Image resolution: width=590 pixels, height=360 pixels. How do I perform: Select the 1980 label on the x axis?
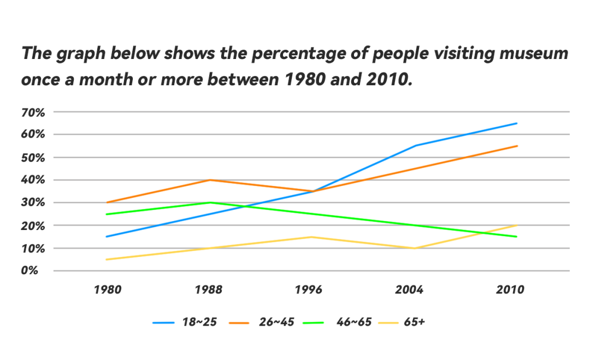click(x=107, y=290)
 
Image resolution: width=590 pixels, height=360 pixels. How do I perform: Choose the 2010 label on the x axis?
click(x=510, y=290)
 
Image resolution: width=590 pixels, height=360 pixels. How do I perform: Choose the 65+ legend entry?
click(x=415, y=322)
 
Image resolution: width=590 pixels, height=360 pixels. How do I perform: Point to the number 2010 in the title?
click(x=386, y=80)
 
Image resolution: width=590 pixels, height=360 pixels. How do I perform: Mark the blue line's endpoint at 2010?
click(x=517, y=123)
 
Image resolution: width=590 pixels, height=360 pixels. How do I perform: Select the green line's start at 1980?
click(x=107, y=214)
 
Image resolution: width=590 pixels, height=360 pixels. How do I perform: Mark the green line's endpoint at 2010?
click(x=517, y=237)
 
